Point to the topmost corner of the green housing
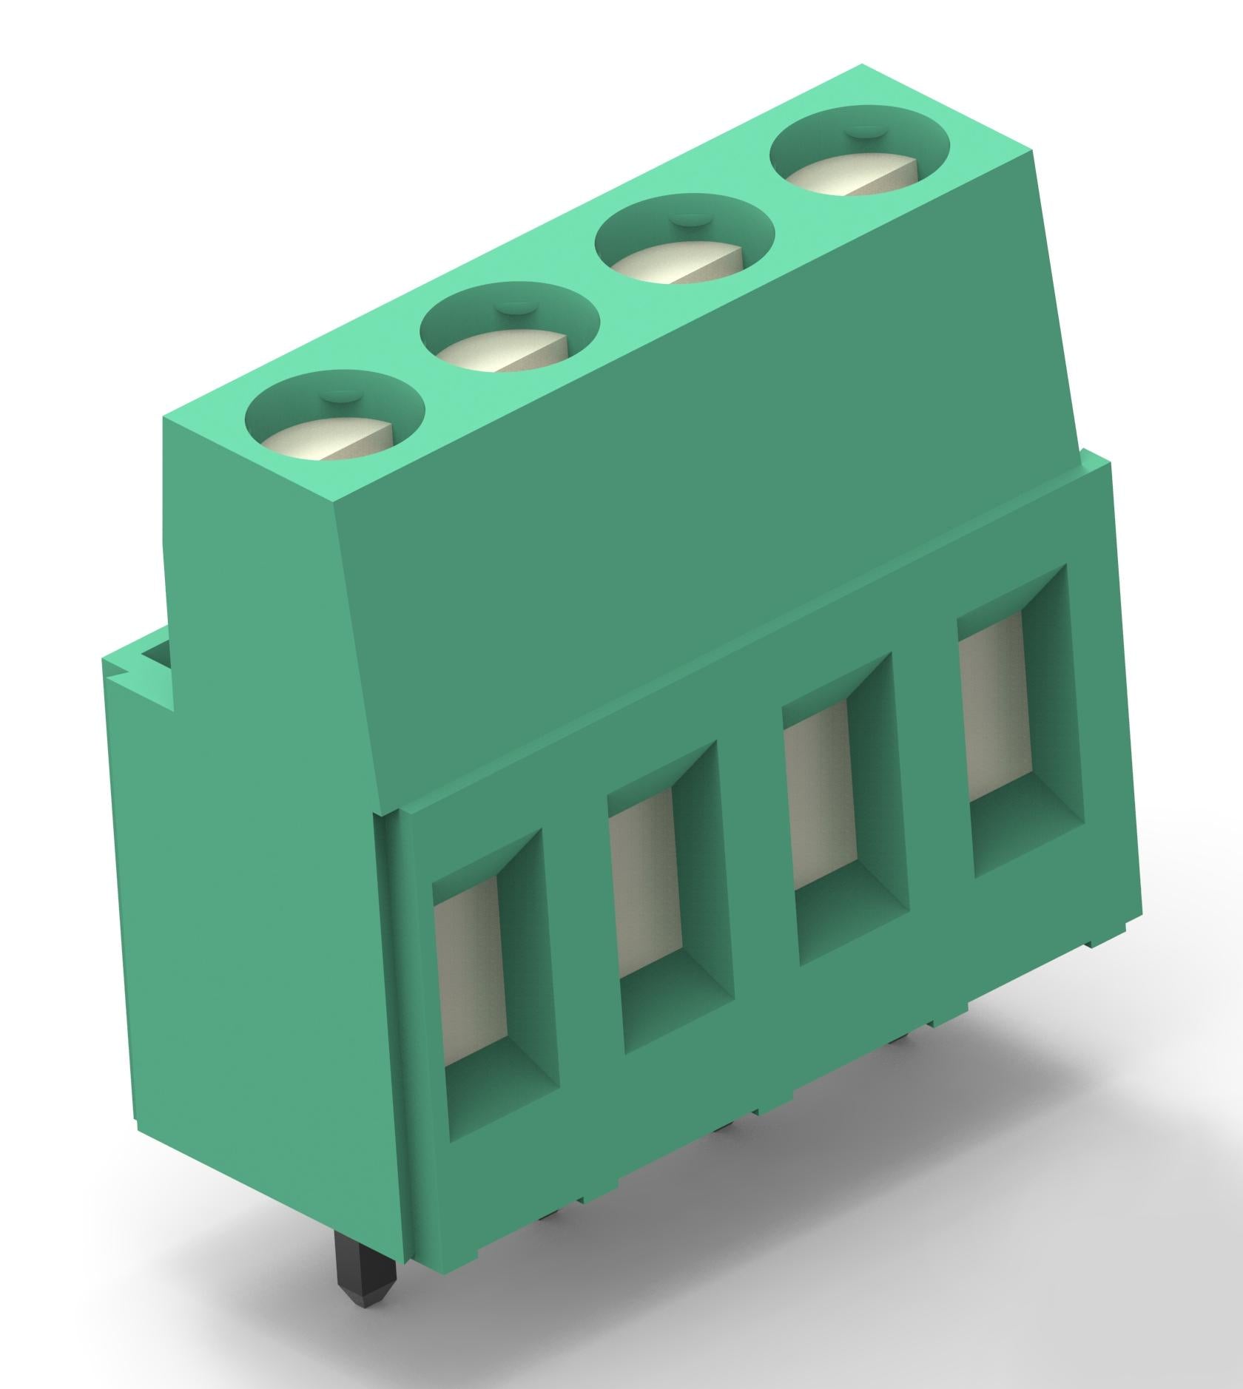(863, 67)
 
